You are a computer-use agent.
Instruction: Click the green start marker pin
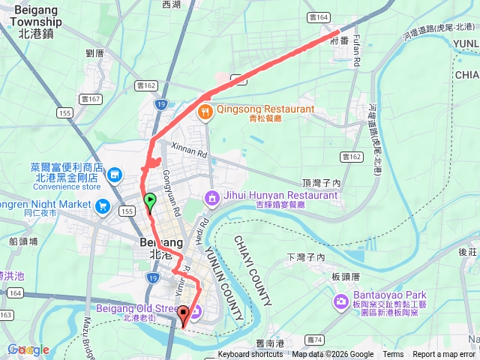point(150,201)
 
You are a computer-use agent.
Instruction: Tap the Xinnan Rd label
point(188,150)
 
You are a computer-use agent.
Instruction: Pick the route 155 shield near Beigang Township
point(64,112)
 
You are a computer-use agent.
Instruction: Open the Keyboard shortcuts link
point(251,355)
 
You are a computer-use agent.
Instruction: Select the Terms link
point(393,355)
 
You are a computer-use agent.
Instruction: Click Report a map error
point(444,355)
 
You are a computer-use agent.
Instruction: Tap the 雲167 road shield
point(91,98)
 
